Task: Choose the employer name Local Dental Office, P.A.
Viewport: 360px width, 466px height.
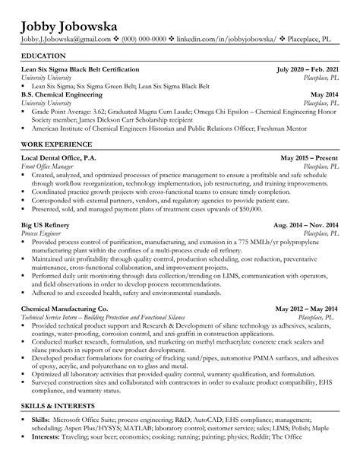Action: tap(66, 158)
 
